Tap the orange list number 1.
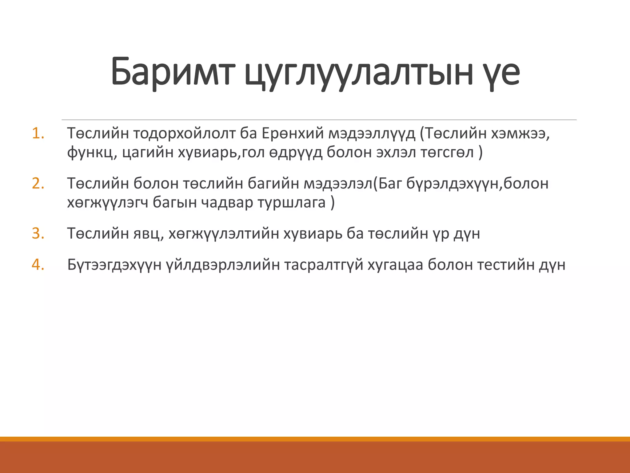click(38, 134)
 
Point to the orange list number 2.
click(38, 184)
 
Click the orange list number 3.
click(38, 233)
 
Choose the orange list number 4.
click(38, 265)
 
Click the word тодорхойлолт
click(184, 134)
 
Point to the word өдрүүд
click(296, 153)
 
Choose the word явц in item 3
click(148, 234)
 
